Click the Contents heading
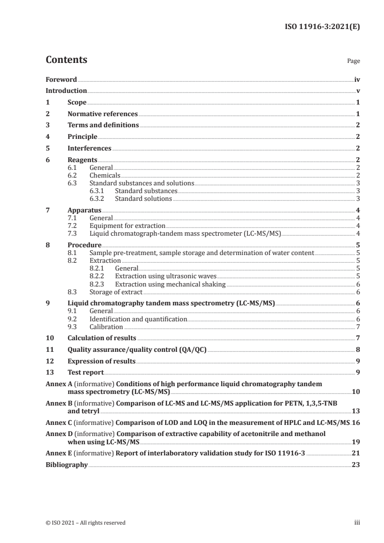(x=66, y=60)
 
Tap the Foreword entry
(x=61, y=79)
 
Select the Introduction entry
(x=66, y=90)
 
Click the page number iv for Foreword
(x=357, y=79)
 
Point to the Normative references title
(x=103, y=114)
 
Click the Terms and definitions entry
(x=103, y=125)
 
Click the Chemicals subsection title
(x=105, y=175)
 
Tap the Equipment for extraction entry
(x=127, y=226)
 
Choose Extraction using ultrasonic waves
(x=155, y=276)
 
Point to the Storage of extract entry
(x=116, y=292)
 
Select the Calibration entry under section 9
(x=106, y=327)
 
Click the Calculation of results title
(x=102, y=338)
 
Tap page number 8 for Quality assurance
(x=357, y=349)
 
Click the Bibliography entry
(x=66, y=465)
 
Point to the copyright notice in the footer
(x=86, y=523)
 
